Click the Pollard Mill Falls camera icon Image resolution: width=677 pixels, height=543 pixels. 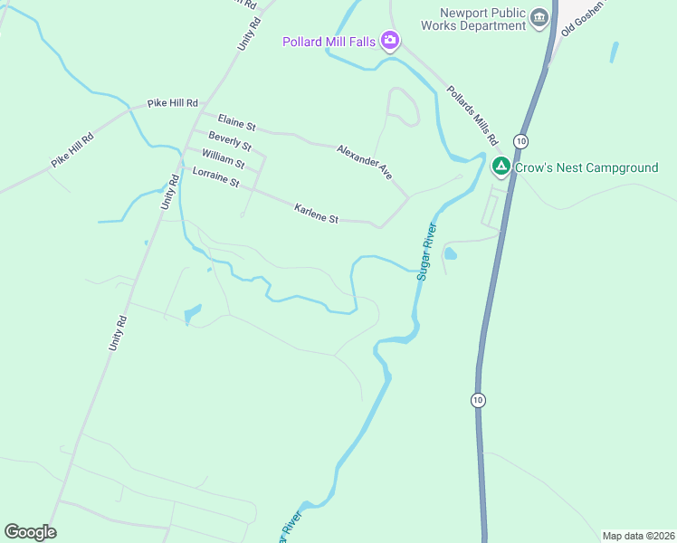390,40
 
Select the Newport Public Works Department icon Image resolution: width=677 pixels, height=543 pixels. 539,18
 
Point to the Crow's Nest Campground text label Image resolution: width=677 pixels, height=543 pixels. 586,167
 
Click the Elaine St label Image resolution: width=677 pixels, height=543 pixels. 237,122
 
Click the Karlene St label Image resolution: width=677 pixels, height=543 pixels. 316,214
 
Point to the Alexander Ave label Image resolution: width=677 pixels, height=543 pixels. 364,161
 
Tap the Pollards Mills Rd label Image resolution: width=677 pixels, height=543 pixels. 472,116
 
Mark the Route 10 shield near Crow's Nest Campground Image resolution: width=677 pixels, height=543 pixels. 520,140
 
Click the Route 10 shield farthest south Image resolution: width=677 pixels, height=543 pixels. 478,399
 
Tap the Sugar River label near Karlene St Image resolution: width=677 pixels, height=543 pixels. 426,251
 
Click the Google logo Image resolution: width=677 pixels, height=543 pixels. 30,532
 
